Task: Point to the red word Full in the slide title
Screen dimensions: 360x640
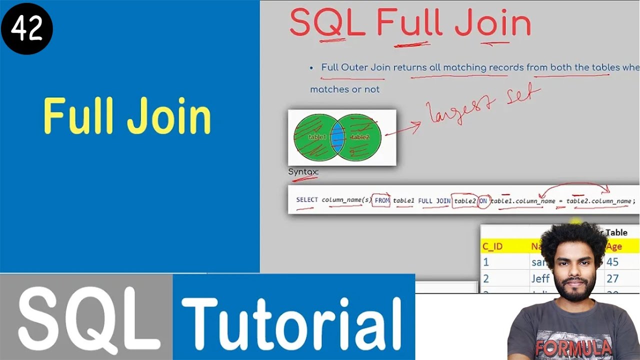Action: click(x=409, y=23)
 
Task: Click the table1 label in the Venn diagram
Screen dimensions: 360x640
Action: click(x=317, y=137)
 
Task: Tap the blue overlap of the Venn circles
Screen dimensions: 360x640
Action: click(x=338, y=137)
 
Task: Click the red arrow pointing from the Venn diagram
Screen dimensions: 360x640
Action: click(x=403, y=129)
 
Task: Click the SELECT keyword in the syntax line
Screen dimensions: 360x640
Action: click(x=306, y=200)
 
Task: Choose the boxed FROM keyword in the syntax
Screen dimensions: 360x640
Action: click(x=382, y=200)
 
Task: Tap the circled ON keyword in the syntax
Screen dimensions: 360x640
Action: click(x=483, y=200)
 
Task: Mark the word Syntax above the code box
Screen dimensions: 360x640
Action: click(x=303, y=172)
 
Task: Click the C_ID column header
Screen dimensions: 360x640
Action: click(x=492, y=246)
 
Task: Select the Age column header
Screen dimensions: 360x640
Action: click(x=613, y=246)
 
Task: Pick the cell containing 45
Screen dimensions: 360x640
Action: click(x=612, y=262)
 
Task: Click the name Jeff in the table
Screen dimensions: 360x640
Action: click(x=540, y=278)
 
